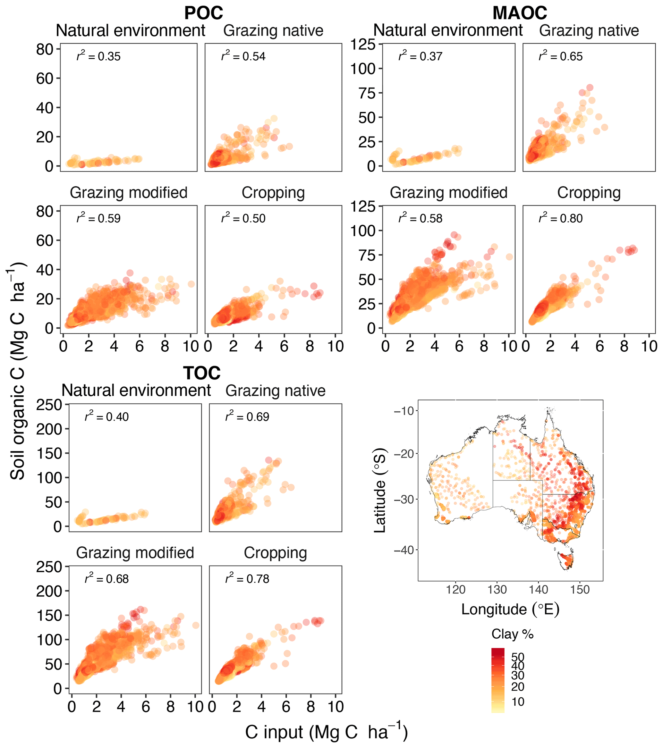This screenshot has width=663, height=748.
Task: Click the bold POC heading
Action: [204, 13]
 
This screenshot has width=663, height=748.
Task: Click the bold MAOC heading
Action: [520, 13]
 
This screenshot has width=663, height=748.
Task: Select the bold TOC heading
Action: [202, 373]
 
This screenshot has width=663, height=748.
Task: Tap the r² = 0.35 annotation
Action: [98, 56]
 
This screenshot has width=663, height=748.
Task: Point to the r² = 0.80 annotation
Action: [560, 218]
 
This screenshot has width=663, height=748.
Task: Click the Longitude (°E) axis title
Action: [510, 609]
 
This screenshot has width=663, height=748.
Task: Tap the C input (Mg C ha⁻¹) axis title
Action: [326, 732]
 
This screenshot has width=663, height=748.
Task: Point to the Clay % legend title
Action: [512, 634]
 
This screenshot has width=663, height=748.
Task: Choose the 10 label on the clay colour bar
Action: [518, 702]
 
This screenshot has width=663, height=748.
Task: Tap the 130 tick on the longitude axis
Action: [497, 590]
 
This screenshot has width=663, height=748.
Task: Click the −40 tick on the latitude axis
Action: [404, 550]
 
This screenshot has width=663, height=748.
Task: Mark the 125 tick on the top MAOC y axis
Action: [363, 45]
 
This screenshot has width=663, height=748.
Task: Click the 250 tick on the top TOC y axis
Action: [49, 405]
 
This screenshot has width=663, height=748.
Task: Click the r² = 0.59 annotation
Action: [98, 218]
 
